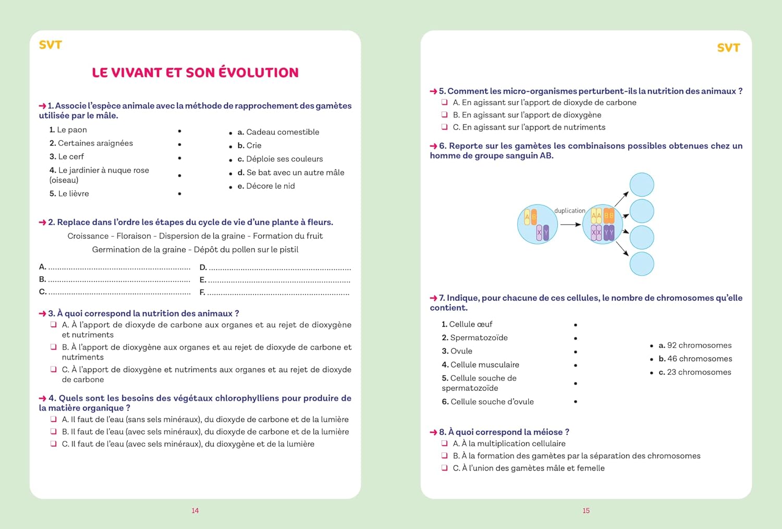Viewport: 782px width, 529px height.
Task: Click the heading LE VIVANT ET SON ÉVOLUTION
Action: click(195, 72)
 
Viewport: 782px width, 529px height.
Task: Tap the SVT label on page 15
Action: click(728, 48)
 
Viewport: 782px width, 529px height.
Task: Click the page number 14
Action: click(195, 511)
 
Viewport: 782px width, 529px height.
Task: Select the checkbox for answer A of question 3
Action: click(54, 325)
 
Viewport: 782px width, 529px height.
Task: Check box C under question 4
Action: click(54, 444)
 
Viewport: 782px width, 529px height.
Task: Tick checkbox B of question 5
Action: click(445, 115)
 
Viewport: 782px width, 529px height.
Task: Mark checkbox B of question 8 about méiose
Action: click(445, 456)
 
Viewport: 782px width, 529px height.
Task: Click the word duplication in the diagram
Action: click(569, 211)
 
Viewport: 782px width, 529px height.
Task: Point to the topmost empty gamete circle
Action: click(641, 185)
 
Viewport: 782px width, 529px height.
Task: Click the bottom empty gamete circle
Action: click(641, 264)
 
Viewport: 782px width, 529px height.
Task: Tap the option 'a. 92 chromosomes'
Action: click(695, 346)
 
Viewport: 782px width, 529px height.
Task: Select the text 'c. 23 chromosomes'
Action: click(695, 372)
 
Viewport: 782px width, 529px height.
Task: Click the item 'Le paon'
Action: click(68, 130)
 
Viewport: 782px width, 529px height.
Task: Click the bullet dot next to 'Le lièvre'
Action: click(179, 194)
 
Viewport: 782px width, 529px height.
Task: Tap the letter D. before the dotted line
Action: click(203, 267)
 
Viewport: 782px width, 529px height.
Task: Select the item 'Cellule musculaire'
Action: click(480, 365)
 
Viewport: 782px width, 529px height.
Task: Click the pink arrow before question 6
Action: click(433, 146)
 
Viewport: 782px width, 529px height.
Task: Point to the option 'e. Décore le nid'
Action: click(266, 186)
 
